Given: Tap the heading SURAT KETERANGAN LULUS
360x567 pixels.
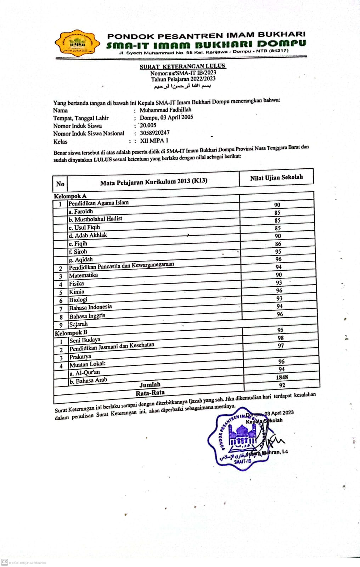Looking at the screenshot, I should [182, 66].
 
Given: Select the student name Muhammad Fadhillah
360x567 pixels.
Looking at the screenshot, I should [165, 110].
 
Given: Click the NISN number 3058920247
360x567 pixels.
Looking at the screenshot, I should [154, 133].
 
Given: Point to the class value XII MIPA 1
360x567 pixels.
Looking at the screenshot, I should [154, 141].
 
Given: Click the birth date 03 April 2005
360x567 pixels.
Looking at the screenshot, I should [176, 117].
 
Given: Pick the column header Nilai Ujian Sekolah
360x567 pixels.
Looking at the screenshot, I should [276, 178].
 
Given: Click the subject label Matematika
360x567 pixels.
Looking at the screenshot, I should [83, 275].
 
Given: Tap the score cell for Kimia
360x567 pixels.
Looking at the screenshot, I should [279, 291].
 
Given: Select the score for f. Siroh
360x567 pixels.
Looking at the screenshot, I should [278, 252].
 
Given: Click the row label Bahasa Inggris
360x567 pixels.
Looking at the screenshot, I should [87, 316].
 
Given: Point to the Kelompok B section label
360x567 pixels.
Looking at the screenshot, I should [71, 333].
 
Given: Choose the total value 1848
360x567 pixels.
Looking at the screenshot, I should [282, 377].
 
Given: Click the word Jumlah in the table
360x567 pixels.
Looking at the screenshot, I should [150, 384].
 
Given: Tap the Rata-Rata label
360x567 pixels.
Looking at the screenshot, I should [150, 393].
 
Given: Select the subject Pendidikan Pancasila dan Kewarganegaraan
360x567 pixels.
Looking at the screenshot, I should [121, 266].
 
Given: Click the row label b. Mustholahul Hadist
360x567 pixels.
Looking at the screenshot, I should [95, 219].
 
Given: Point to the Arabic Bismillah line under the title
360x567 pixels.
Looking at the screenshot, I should [182, 86].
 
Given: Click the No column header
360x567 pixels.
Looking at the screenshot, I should [60, 184].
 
